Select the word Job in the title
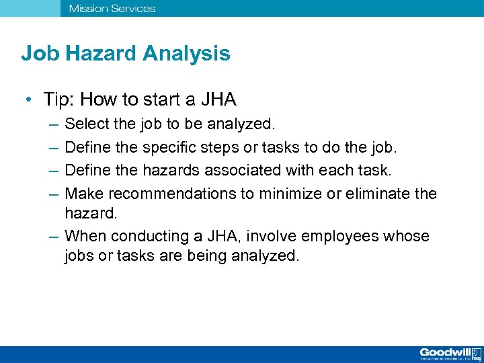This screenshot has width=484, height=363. click(40, 54)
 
